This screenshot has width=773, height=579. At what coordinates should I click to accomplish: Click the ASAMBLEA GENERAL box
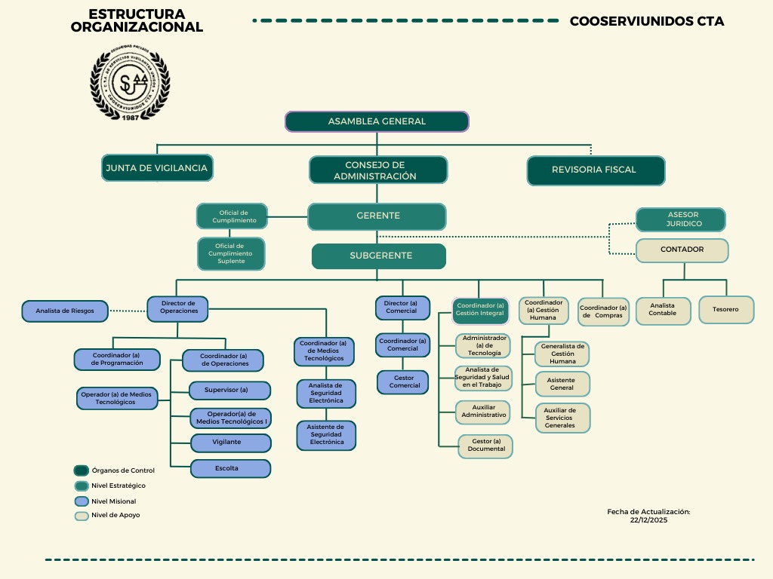tap(377, 121)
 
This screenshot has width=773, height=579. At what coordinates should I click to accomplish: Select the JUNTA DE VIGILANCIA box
tap(157, 168)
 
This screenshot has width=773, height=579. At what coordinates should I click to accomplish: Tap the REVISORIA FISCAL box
tap(596, 170)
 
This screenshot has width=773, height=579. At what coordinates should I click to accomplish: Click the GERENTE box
tap(377, 216)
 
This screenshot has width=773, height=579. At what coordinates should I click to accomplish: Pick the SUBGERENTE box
tap(379, 256)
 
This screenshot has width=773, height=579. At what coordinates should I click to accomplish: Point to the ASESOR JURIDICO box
tap(681, 220)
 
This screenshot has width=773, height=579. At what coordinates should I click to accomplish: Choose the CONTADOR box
tap(682, 250)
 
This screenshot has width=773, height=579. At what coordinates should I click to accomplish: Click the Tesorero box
tap(725, 310)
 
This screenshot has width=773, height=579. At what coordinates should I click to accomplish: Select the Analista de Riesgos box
tap(64, 310)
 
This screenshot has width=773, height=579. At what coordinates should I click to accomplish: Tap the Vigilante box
tap(230, 443)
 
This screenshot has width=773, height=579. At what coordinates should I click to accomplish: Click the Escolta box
tap(230, 468)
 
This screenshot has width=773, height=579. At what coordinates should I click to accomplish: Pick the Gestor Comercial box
tap(404, 382)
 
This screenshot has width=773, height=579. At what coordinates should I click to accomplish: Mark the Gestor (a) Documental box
tap(485, 446)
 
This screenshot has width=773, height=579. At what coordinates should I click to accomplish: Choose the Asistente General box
tap(562, 384)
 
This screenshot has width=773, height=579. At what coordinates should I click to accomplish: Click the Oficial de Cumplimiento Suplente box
tap(231, 254)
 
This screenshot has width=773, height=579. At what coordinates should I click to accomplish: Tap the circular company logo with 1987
tap(130, 83)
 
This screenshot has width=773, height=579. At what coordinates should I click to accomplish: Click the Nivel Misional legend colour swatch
tap(82, 501)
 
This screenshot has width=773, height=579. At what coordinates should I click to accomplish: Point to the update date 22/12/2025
tap(648, 520)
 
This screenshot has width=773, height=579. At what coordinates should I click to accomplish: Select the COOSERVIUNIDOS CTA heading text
tap(647, 22)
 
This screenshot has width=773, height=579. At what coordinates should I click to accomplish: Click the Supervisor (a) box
tap(230, 391)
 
